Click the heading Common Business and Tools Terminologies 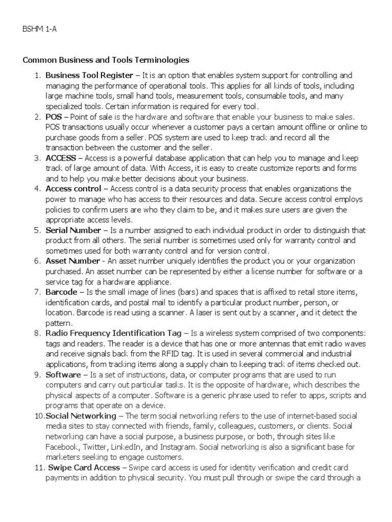click(x=106, y=60)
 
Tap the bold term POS click(x=53, y=117)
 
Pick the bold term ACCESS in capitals click(x=61, y=158)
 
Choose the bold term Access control click(x=73, y=189)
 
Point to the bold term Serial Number click(x=73, y=230)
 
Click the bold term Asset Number click(x=72, y=261)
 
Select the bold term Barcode click(x=61, y=292)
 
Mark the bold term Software click(x=64, y=375)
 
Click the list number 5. click(x=37, y=230)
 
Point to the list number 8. click(x=37, y=333)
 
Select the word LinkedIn click(x=122, y=447)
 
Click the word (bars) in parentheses click(x=187, y=292)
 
